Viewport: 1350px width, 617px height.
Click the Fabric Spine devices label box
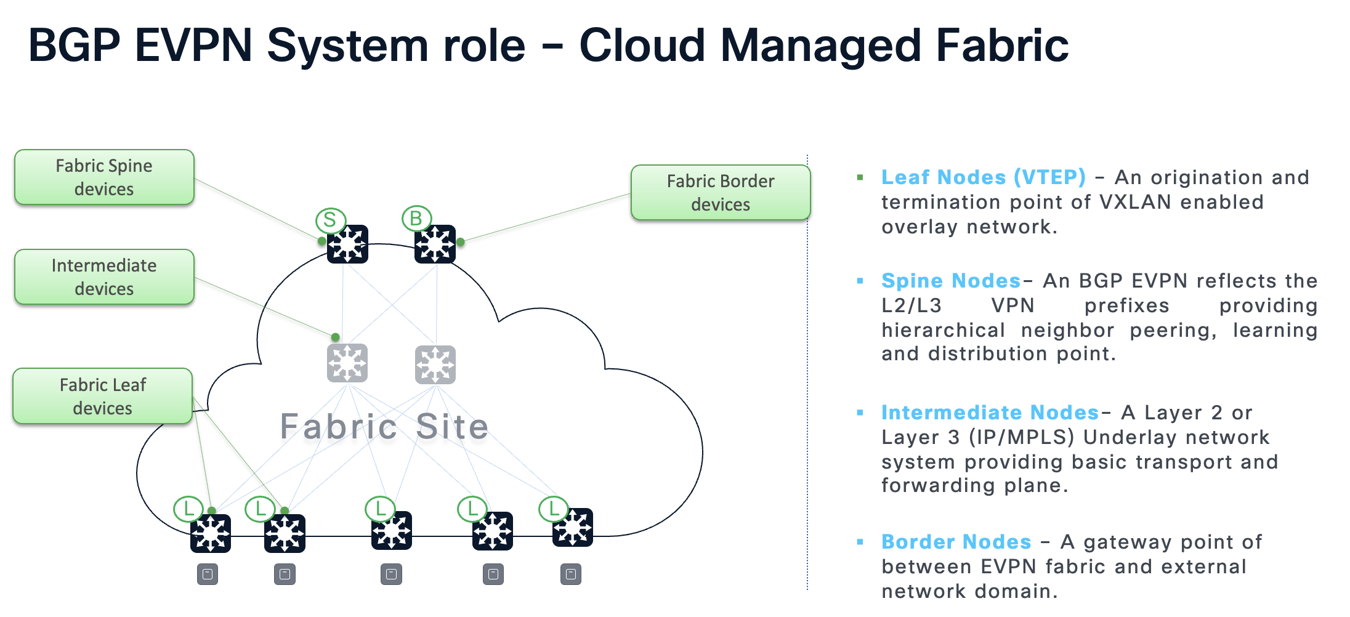tap(104, 177)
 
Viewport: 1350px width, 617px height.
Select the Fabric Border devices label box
tap(721, 193)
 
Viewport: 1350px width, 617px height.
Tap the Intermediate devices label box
tap(104, 277)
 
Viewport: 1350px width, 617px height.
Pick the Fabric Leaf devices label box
tap(103, 397)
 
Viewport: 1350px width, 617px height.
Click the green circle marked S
tap(330, 220)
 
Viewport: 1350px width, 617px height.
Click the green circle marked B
tap(416, 218)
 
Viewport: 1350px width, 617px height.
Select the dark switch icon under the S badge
tap(348, 244)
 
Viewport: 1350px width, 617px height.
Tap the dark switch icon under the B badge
tap(435, 244)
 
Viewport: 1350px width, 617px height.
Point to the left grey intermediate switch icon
tap(347, 363)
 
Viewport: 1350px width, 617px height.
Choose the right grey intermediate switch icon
tap(435, 365)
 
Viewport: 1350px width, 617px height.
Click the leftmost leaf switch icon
tap(211, 533)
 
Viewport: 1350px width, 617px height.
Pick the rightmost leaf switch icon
tap(573, 528)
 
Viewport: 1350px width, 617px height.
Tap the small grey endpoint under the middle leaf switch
tap(391, 575)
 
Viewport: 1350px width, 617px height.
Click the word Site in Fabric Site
tap(452, 427)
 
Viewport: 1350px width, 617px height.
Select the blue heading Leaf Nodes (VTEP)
tap(984, 177)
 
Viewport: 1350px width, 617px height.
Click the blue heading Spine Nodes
tap(951, 281)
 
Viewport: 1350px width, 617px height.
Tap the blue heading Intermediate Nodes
tap(990, 413)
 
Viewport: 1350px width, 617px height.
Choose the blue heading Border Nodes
tap(956, 542)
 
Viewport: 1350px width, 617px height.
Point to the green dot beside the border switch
tap(461, 242)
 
